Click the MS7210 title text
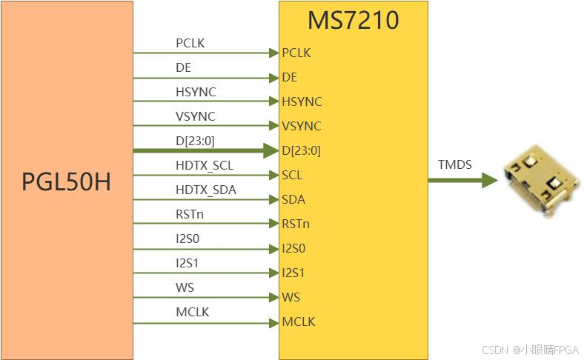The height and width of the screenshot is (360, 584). tap(354, 20)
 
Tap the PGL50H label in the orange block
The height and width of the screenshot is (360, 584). tap(66, 180)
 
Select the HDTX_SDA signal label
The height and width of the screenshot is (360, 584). tap(206, 190)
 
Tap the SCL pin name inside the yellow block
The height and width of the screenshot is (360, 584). tap(292, 176)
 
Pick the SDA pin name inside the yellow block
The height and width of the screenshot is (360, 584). tap(293, 200)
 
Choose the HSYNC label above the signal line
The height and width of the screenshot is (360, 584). tap(196, 92)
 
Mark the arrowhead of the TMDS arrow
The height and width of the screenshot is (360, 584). tap(489, 179)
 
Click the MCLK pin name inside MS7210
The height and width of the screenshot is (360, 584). tap(299, 322)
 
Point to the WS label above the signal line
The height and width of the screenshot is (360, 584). tap(185, 287)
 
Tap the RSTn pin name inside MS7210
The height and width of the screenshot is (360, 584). tap(296, 224)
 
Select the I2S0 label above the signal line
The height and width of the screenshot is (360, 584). tap(188, 239)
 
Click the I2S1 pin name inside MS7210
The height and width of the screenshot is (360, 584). tap(293, 273)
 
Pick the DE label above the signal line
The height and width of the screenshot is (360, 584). tap(183, 67)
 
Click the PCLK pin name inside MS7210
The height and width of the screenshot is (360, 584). tap(296, 53)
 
